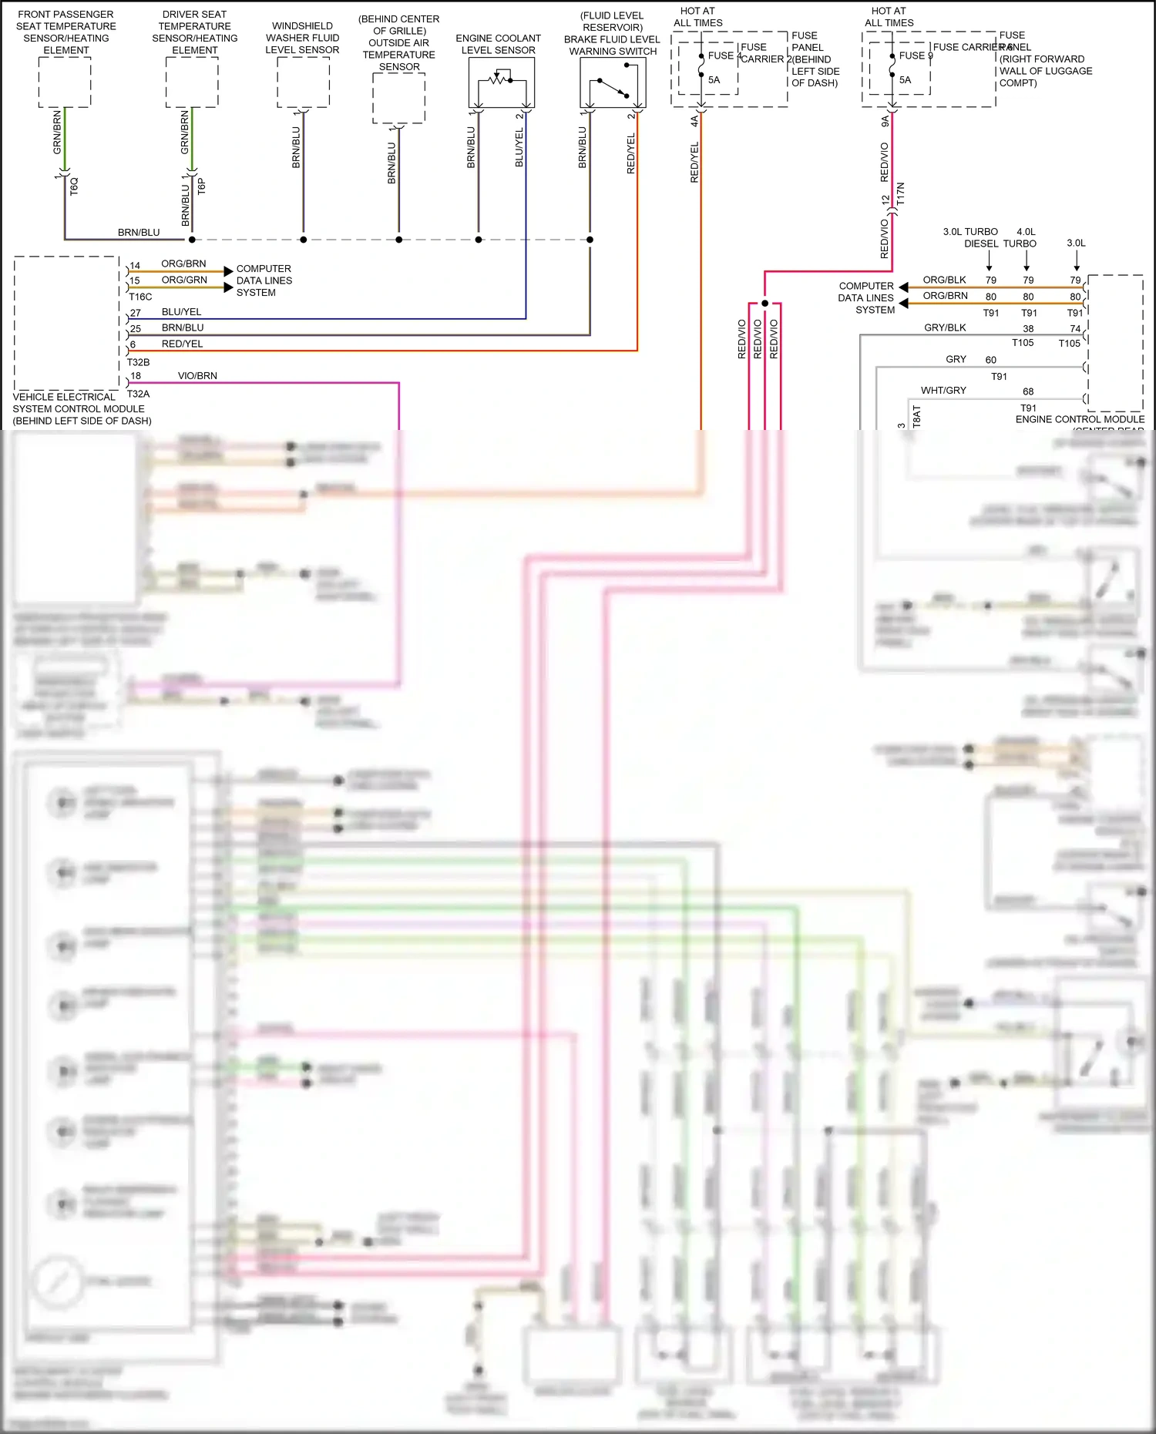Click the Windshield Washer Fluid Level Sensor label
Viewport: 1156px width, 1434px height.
302,38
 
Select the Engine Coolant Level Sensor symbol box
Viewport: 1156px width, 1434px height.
501,82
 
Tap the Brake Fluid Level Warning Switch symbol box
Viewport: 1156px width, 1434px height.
613,82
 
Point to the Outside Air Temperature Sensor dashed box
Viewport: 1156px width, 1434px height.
398,98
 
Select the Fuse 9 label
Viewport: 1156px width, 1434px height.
916,55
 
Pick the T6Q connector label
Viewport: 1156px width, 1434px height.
74,186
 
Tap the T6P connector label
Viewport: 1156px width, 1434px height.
201,186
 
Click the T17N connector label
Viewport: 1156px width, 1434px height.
900,193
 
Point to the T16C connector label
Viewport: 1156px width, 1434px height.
140,297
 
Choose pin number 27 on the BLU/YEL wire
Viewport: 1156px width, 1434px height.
136,313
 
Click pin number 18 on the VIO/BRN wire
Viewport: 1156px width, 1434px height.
136,376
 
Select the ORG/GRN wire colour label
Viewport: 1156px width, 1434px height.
184,280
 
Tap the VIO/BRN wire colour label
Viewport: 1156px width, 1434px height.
197,376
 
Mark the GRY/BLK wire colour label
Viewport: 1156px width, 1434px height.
945,327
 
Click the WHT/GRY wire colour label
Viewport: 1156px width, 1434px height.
943,391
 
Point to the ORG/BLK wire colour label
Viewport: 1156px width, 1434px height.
944,280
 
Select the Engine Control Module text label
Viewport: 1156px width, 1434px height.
1080,419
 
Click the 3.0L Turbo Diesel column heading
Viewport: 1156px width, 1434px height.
971,237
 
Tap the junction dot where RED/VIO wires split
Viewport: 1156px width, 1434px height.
765,303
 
